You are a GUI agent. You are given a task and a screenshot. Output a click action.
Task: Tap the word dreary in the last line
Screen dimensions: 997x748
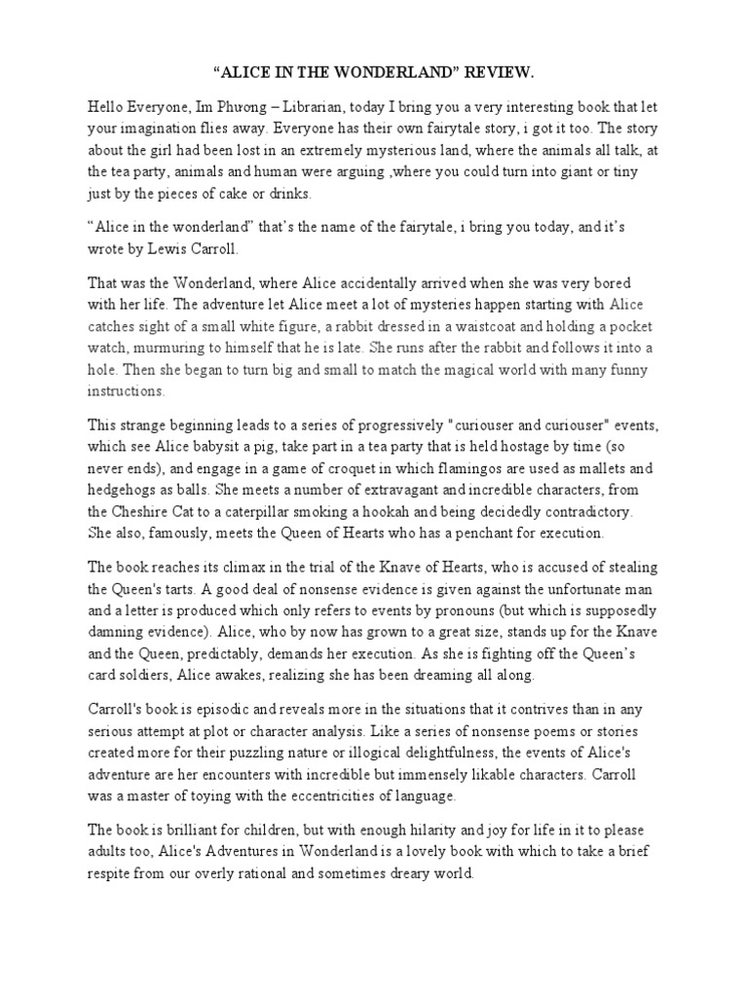pos(394,874)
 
